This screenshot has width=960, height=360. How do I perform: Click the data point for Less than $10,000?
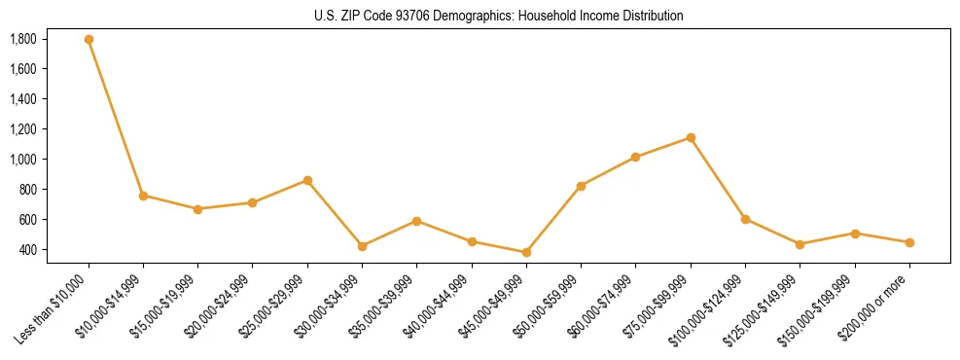(x=89, y=40)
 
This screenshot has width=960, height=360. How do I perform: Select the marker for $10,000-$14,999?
(x=143, y=196)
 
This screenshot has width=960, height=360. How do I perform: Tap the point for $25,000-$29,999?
(x=307, y=180)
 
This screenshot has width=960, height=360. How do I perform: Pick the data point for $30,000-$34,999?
(x=362, y=246)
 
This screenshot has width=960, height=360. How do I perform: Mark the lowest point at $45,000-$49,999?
(x=526, y=252)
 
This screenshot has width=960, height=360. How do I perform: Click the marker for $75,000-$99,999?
(x=691, y=137)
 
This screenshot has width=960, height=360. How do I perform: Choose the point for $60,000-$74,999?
(x=635, y=157)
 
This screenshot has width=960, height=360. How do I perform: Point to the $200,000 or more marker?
(x=909, y=242)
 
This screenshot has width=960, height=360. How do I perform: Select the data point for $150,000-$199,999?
(x=855, y=234)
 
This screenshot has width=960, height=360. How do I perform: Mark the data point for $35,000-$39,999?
(x=416, y=221)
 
